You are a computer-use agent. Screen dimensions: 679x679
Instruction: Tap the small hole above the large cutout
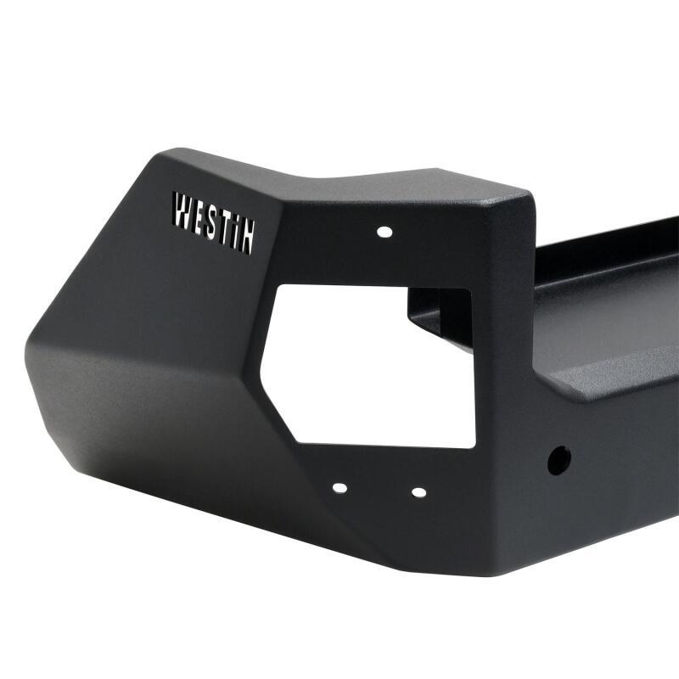pyautogui.click(x=384, y=231)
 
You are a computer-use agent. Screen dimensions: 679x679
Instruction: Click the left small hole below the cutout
pyautogui.click(x=339, y=488)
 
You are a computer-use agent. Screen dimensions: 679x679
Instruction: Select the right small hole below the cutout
pyautogui.click(x=418, y=491)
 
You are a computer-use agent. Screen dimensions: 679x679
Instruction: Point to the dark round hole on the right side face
pyautogui.click(x=558, y=459)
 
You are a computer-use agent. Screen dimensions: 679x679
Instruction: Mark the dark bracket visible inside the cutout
pyautogui.click(x=441, y=314)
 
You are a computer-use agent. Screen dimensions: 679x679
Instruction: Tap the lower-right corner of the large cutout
pyautogui.click(x=474, y=446)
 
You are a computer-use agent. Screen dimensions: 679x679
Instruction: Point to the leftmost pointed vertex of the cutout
pyautogui.click(x=261, y=367)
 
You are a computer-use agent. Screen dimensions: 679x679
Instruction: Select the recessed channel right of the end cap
pyautogui.click(x=603, y=323)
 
